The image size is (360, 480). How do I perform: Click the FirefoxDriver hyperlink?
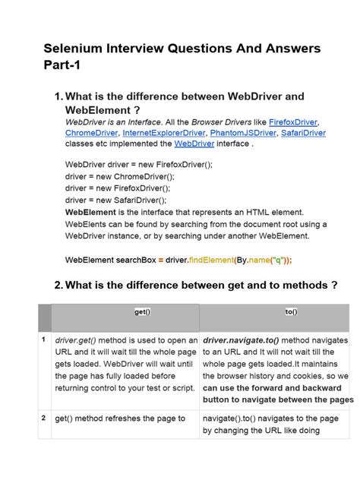296,122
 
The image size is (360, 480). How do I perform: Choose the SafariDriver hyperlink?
303,133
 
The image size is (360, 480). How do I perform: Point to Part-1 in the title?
62,66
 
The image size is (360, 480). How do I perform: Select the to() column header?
292,311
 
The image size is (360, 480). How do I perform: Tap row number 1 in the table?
44,341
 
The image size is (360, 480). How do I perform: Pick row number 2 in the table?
44,418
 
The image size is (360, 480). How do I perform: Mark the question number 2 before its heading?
58,286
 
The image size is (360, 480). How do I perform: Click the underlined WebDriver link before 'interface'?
194,143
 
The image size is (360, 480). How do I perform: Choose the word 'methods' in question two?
296,286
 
